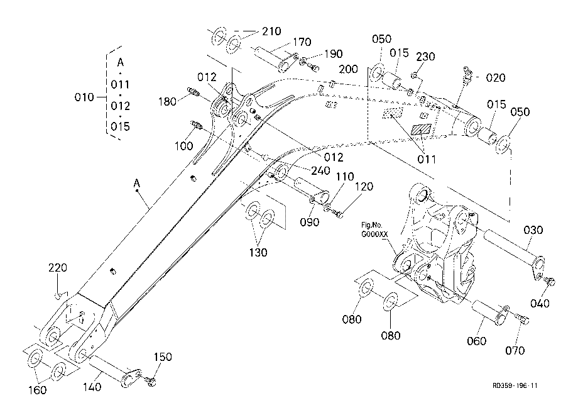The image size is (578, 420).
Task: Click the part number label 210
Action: (271, 31)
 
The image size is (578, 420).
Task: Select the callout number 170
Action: (302, 42)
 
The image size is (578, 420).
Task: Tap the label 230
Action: (425, 57)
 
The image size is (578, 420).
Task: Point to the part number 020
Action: (496, 78)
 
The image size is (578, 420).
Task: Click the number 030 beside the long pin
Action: (533, 231)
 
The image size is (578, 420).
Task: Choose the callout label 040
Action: (540, 304)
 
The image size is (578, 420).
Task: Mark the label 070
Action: (515, 350)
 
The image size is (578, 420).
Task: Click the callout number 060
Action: (477, 341)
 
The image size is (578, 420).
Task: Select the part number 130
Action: (258, 253)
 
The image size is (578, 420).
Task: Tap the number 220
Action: (58, 268)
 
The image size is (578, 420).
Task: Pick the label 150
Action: (163, 357)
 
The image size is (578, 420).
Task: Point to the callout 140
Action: (92, 387)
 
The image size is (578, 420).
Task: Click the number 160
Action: (38, 390)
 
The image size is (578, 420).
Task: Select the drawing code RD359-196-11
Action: (515, 385)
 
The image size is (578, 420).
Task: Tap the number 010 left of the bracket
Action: (84, 97)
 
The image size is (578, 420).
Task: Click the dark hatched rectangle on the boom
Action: (420, 130)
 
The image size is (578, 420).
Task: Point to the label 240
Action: (320, 171)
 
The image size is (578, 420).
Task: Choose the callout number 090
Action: (309, 223)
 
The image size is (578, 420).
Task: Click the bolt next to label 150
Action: (150, 381)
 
